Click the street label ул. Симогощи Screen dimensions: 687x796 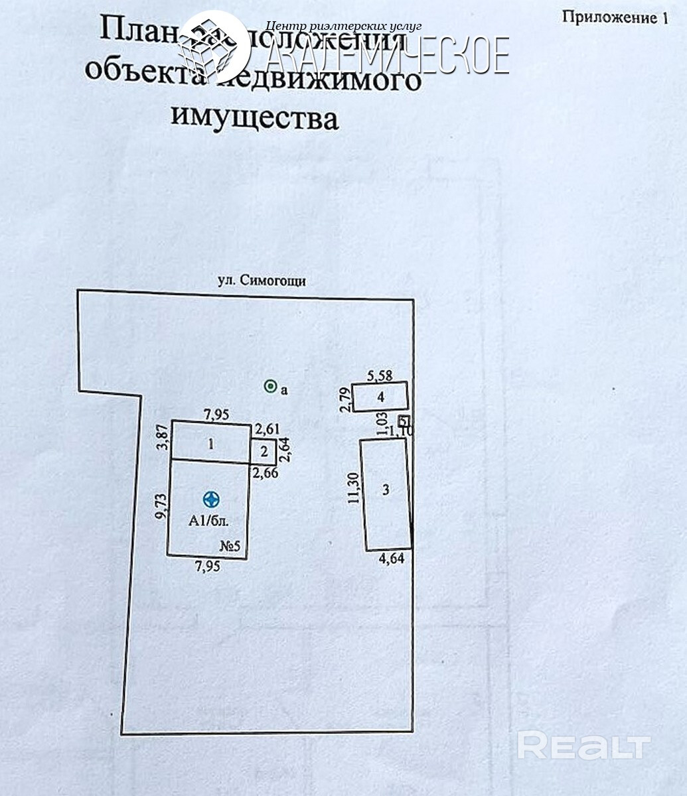click(x=262, y=281)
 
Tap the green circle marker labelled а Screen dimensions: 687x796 click(x=270, y=386)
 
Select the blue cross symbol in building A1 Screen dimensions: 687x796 click(x=211, y=499)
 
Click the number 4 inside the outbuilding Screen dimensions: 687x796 click(x=380, y=397)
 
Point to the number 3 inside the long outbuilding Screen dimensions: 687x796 click(x=386, y=490)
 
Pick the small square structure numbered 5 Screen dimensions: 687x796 click(x=403, y=421)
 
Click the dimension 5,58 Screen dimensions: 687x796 click(x=380, y=375)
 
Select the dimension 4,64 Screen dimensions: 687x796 click(x=391, y=559)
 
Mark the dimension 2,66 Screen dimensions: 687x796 click(x=265, y=472)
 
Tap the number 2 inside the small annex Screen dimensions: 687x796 click(x=264, y=452)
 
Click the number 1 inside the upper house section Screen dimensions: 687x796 click(x=210, y=444)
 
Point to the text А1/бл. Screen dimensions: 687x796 click(x=208, y=521)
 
